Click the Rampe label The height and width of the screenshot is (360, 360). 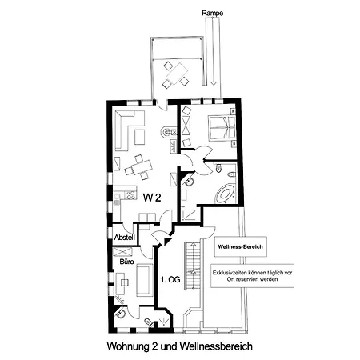pyautogui.click(x=212, y=13)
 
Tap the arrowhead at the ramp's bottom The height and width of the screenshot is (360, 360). pyautogui.click(x=213, y=83)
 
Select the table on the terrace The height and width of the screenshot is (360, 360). pyautogui.click(x=177, y=74)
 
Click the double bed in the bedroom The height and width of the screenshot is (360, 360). pyautogui.click(x=222, y=127)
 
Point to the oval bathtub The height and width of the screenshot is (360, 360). pyautogui.click(x=225, y=194)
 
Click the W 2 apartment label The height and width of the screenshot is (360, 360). pyautogui.click(x=152, y=198)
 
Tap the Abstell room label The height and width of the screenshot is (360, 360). pyautogui.click(x=125, y=238)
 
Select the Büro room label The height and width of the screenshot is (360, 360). pyautogui.click(x=126, y=262)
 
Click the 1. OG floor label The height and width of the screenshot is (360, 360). pyautogui.click(x=170, y=279)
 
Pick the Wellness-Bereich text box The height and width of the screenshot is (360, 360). pyautogui.click(x=241, y=246)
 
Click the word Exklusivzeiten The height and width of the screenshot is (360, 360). pyautogui.click(x=230, y=273)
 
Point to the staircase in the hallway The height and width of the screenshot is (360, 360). pyautogui.click(x=193, y=266)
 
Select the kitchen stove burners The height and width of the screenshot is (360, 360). pyautogui.click(x=130, y=195)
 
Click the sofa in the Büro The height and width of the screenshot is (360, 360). pyautogui.click(x=145, y=280)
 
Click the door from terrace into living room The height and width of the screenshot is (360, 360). pyautogui.click(x=162, y=105)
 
